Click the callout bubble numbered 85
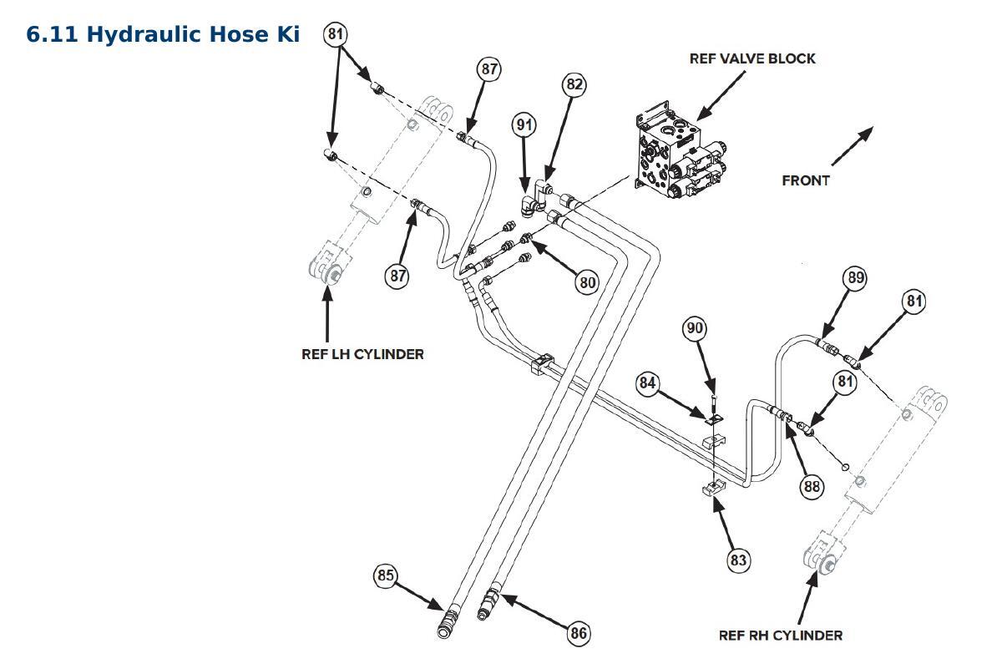(386, 575)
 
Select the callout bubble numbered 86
(579, 633)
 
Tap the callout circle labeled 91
(524, 124)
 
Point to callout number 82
(574, 84)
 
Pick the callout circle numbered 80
(587, 282)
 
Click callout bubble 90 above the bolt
(695, 328)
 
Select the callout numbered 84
(647, 383)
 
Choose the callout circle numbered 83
(738, 560)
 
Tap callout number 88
(812, 486)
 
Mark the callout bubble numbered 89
(855, 277)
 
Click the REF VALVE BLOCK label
(752, 58)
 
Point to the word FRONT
(806, 180)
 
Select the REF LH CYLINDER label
(362, 354)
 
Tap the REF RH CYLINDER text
(781, 635)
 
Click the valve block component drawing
(679, 151)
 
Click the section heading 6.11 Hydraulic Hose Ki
(163, 34)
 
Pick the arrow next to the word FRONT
(853, 146)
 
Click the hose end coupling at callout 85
(446, 623)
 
